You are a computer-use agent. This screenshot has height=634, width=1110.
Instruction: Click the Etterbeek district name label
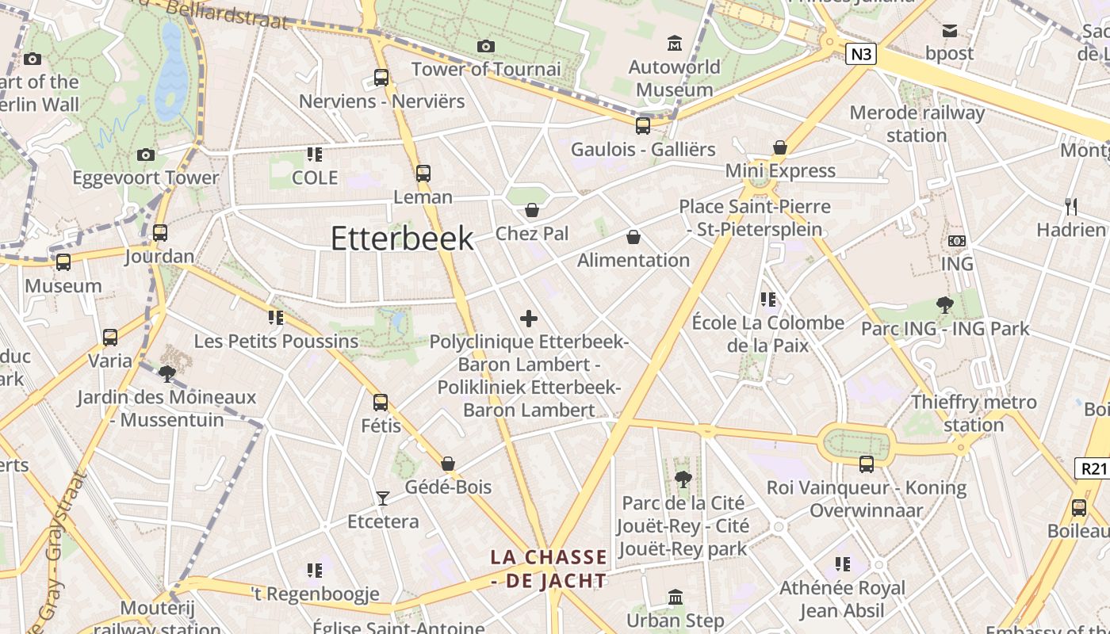coord(402,239)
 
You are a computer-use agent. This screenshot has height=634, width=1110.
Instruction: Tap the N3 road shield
coord(861,54)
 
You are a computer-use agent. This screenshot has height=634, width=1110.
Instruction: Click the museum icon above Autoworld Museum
coord(675,42)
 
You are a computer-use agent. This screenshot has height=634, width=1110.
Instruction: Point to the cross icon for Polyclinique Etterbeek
coord(529,319)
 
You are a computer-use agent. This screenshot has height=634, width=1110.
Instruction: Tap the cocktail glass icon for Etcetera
coord(383,498)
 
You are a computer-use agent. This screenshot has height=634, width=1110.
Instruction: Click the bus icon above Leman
coord(423,173)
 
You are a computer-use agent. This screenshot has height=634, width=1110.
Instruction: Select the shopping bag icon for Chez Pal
coord(532,210)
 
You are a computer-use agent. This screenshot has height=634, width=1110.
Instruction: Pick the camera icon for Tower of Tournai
coord(486,46)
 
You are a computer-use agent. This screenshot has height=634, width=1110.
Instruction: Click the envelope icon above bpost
coord(949,31)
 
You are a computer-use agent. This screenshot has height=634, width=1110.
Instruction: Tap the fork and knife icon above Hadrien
coord(1071,207)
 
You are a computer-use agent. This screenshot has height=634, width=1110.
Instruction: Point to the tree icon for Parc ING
coord(944,304)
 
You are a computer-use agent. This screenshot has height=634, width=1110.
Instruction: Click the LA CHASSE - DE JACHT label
coord(549,569)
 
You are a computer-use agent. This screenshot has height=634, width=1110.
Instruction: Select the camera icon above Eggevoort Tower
coord(146,155)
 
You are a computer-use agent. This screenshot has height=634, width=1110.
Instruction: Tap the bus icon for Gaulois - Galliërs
coord(643,125)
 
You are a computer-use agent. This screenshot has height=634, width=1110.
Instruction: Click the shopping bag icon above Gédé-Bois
coord(448,464)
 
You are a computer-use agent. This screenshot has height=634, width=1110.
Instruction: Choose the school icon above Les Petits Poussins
coord(276,318)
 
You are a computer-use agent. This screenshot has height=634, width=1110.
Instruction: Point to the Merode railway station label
coord(917,124)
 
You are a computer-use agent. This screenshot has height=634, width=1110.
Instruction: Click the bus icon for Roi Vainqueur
coord(867,464)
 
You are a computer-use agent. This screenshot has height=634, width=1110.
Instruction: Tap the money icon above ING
coord(957,240)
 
